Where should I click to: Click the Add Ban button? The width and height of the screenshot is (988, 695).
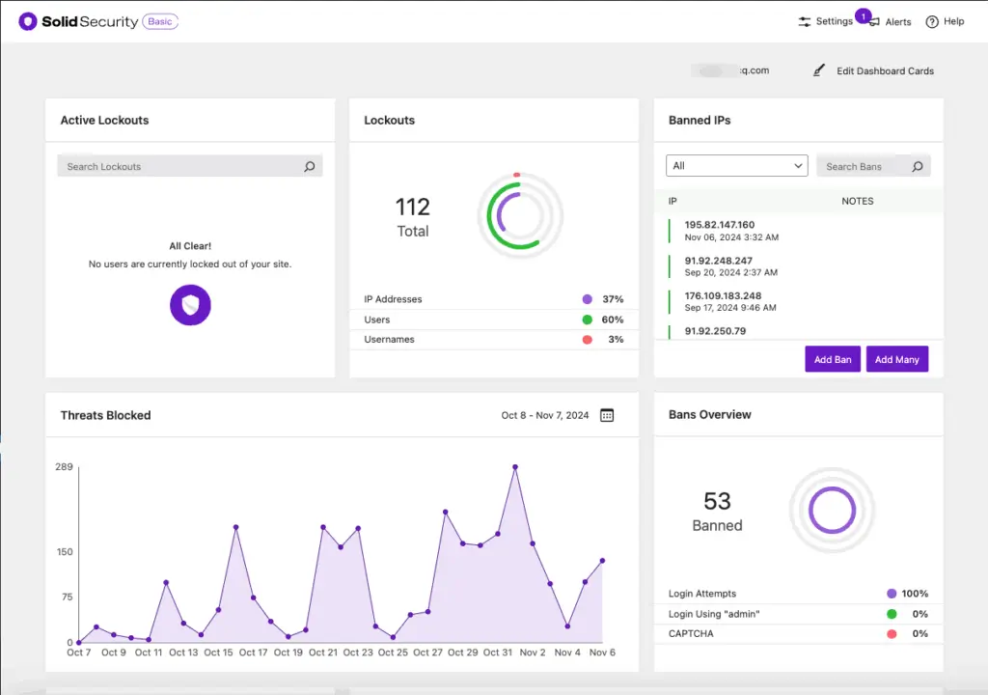(832, 359)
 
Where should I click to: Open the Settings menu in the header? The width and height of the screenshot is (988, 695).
(825, 21)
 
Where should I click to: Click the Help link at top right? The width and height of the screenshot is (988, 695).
(945, 21)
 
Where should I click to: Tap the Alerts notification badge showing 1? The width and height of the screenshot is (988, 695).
(863, 16)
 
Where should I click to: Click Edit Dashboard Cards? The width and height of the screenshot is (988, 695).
(874, 70)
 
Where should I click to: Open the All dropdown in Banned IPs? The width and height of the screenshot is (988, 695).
(737, 166)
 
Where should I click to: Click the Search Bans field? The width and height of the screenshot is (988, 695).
(864, 166)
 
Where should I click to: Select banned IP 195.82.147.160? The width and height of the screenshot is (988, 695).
(719, 225)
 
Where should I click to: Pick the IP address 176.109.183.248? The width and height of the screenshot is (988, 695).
(723, 295)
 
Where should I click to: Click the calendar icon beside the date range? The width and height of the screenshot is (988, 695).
(607, 415)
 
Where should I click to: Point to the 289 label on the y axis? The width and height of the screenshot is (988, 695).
(65, 467)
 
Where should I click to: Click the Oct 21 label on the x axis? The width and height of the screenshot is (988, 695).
(323, 653)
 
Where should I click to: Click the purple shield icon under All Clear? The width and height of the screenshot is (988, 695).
(190, 305)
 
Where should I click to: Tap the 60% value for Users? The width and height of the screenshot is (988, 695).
(612, 320)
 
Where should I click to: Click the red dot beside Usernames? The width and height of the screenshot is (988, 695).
(587, 340)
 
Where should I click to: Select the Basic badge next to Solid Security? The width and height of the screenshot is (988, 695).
(160, 21)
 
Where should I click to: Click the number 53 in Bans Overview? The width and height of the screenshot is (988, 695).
(717, 501)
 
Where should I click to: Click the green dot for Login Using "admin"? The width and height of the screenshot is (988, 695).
(892, 614)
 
